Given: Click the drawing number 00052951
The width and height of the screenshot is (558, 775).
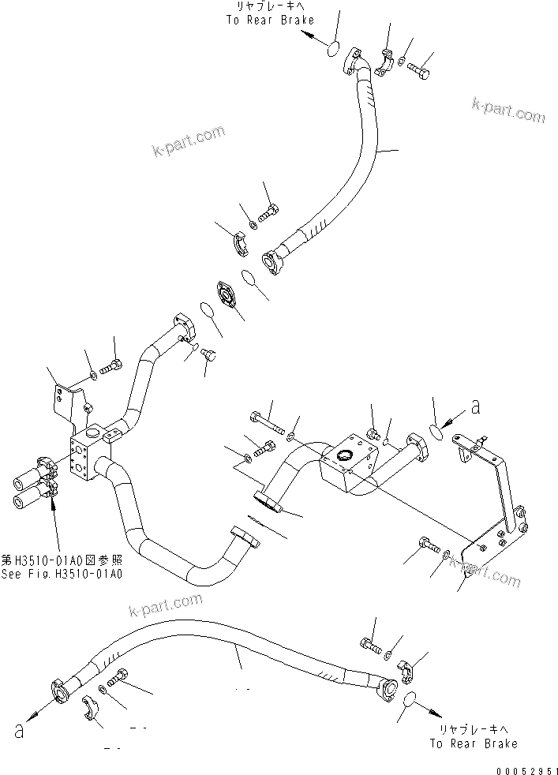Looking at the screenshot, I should point(512,766).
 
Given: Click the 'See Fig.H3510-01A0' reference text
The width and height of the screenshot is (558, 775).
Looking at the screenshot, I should point(61,574).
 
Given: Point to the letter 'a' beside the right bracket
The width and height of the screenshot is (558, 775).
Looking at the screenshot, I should point(475,407).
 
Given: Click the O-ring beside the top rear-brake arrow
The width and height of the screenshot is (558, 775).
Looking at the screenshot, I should point(334,49).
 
